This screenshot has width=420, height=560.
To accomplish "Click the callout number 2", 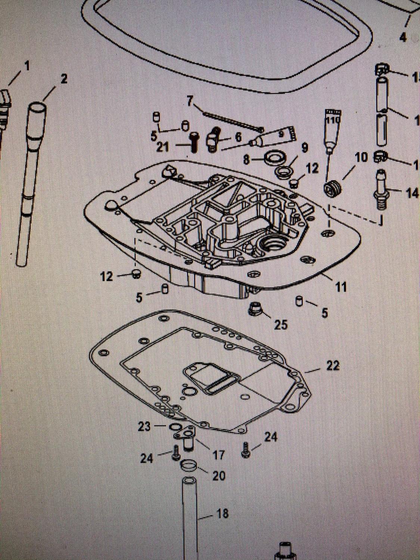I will [x=64, y=79].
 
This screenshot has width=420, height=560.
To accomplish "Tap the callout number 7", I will [x=191, y=101].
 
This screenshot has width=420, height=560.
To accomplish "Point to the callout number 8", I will [x=246, y=160].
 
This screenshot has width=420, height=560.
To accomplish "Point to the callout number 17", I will [x=218, y=454].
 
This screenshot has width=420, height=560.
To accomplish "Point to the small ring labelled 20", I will [x=188, y=466].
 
